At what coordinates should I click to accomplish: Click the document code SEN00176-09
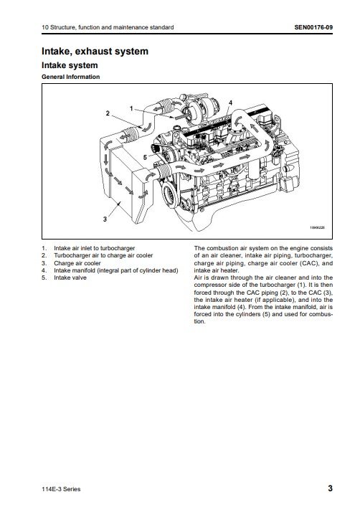coord(313,27)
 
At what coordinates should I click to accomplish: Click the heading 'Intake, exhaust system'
coord(95,51)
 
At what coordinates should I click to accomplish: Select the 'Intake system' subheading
coord(70,65)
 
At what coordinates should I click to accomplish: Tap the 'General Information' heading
coord(70,77)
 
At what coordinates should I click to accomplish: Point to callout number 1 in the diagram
coord(131,108)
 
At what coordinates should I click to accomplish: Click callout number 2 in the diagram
coord(108,113)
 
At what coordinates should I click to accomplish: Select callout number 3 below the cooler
coord(105,219)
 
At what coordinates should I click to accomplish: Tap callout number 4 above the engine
coord(230,103)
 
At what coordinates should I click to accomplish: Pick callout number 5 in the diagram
coord(145,157)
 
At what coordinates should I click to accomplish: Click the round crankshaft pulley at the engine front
coord(170,196)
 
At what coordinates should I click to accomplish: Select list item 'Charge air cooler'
coord(77,263)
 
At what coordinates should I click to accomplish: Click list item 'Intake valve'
coord(70,278)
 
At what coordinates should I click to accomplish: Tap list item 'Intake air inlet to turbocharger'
coord(95,248)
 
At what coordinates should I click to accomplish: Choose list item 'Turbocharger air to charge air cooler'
coord(103,255)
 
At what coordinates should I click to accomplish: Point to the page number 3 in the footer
coord(331,488)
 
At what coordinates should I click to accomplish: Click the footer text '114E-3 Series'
coord(61,489)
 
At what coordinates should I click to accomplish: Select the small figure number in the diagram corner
coord(317,227)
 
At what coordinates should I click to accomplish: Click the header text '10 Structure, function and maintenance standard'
coord(108,27)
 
